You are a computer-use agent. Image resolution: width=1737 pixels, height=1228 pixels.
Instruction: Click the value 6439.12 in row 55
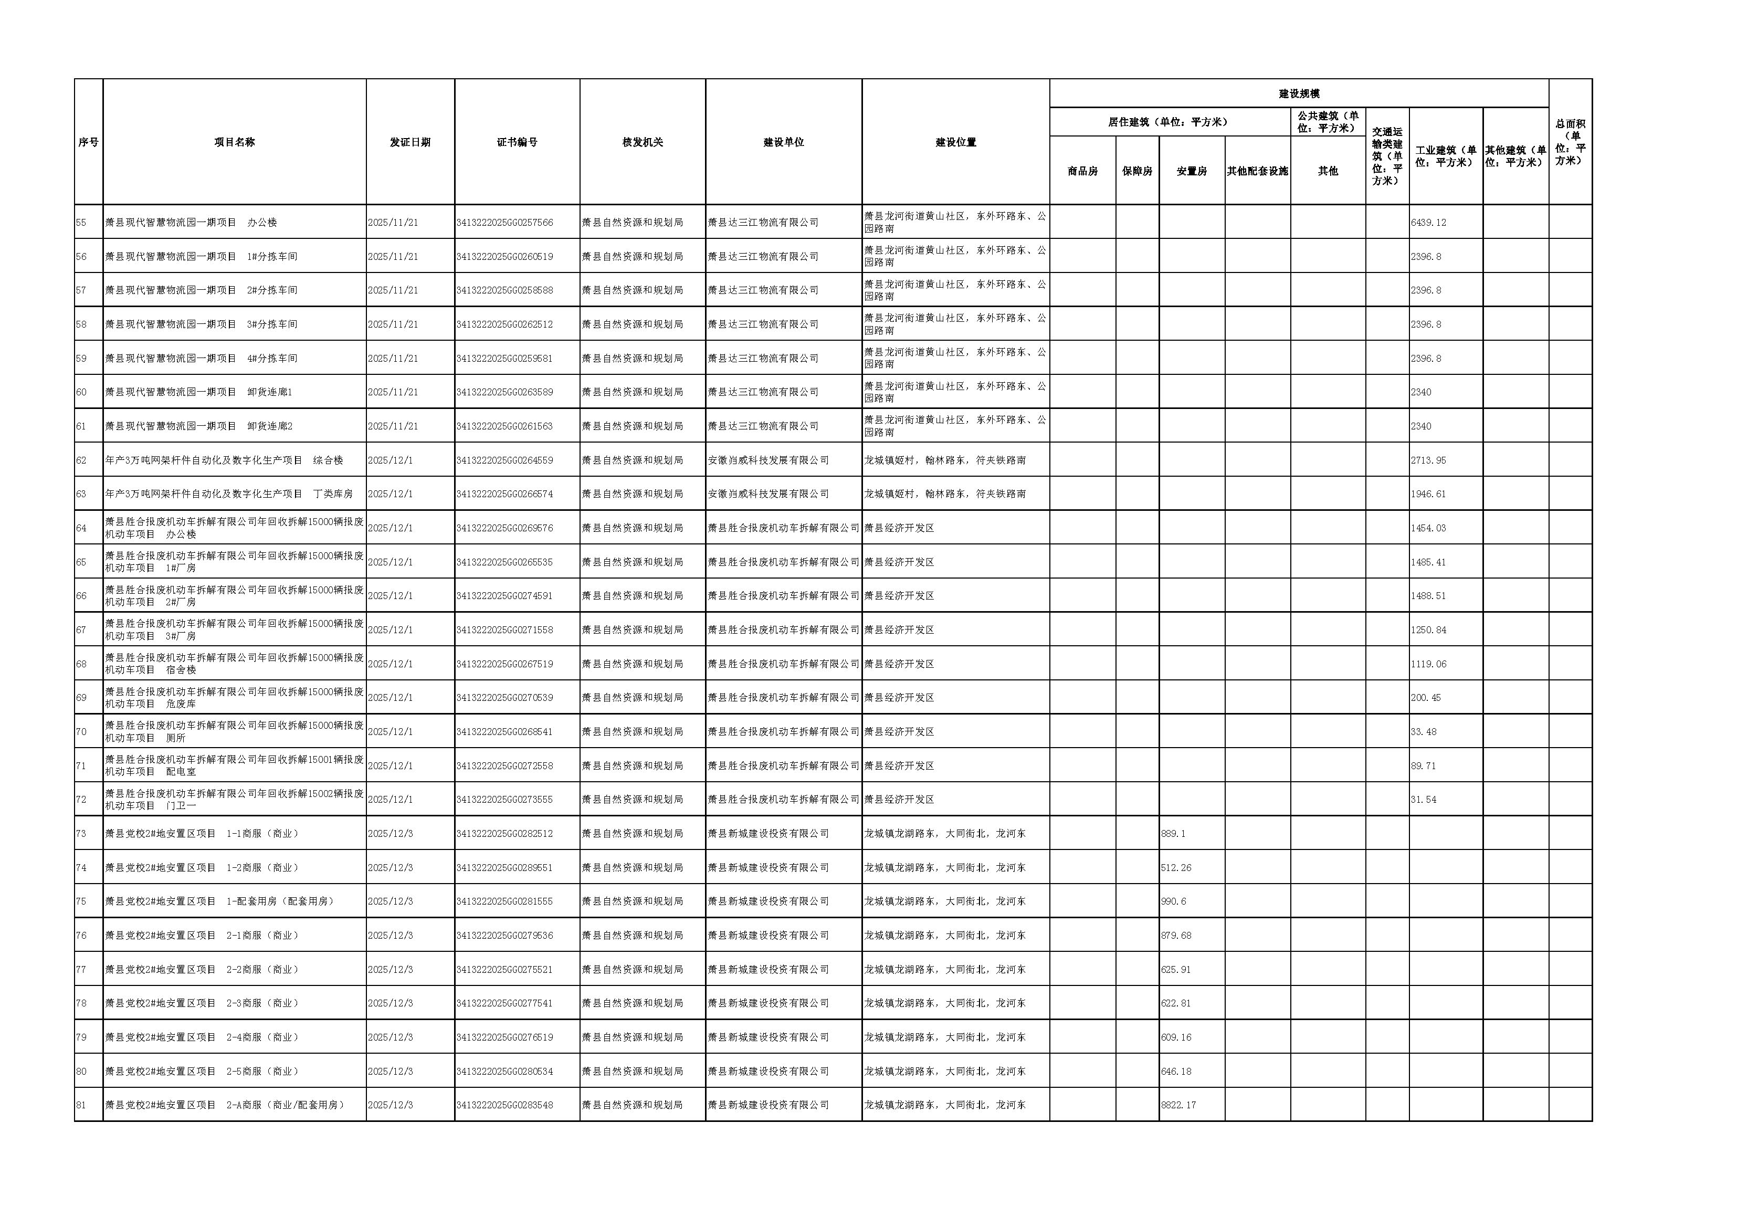[1428, 223]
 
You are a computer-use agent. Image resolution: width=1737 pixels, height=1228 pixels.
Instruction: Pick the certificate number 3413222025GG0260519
[504, 257]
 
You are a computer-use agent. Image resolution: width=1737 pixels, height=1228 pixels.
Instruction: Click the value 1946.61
[1428, 494]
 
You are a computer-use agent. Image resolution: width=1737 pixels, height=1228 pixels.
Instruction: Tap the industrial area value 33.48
[1423, 732]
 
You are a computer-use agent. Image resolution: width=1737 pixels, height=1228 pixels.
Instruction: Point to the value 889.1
[1173, 833]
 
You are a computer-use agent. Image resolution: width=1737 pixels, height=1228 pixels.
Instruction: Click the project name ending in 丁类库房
[228, 494]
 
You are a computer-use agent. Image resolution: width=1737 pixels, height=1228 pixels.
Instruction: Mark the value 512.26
[1176, 867]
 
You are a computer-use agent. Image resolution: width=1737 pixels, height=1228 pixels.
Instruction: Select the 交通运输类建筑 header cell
[1387, 156]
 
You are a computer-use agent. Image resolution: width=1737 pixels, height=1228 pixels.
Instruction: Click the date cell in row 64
[391, 528]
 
